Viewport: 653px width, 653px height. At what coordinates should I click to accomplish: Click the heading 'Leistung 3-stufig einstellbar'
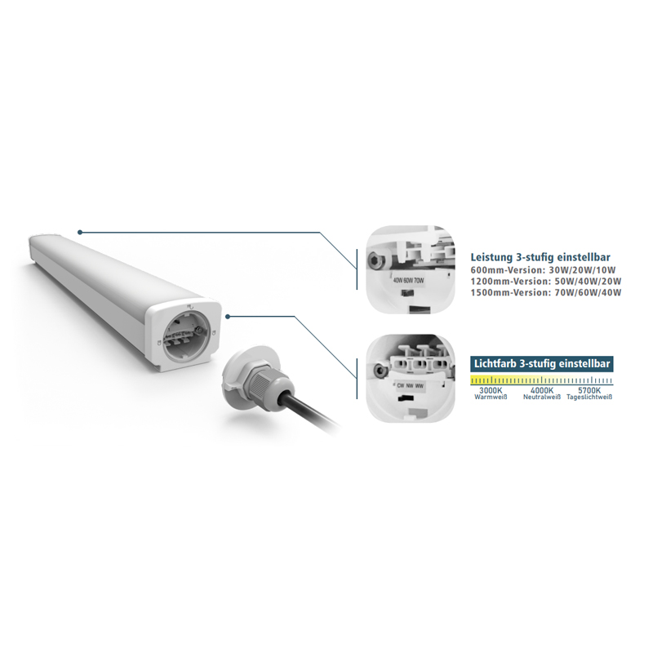540,257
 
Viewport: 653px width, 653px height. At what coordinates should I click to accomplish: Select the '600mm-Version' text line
543,270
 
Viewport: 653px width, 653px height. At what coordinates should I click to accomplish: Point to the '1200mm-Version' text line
546,281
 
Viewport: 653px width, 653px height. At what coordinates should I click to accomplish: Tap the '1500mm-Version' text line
546,292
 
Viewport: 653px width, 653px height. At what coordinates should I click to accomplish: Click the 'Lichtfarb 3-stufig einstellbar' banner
541,363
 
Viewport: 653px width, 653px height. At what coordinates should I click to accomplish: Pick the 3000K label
491,391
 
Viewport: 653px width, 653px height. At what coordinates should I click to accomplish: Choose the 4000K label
542,391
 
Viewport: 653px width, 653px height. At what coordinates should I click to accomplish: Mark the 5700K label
589,391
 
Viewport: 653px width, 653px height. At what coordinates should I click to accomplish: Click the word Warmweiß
491,397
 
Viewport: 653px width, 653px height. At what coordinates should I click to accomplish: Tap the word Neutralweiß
542,397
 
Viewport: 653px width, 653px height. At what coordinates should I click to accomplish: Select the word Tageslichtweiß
589,397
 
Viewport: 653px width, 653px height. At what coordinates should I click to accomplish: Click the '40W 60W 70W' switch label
408,281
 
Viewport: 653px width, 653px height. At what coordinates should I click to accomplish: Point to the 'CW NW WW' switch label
410,386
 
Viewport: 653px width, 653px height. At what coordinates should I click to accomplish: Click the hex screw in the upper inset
373,261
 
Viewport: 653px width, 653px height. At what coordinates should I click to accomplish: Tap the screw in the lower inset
380,371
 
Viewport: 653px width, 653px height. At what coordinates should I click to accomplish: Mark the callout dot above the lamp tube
79,232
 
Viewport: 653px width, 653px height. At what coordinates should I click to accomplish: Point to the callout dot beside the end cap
228,317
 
